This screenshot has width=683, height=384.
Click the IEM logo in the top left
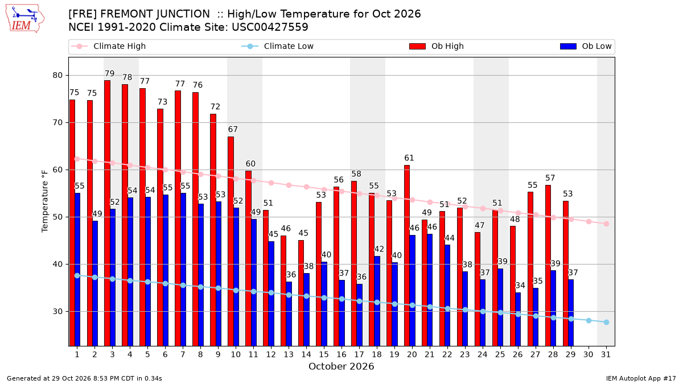click(24, 19)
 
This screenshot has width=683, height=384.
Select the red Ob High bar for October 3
click(107, 213)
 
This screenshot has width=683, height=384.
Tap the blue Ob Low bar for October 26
click(518, 319)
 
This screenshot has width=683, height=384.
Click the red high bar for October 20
click(407, 255)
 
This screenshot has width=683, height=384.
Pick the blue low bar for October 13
click(289, 314)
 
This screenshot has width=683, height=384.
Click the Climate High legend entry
click(109, 46)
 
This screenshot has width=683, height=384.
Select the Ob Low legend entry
click(586, 46)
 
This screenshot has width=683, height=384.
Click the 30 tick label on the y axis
click(57, 312)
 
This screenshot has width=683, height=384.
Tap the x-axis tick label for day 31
click(606, 355)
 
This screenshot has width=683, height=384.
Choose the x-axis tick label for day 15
click(324, 355)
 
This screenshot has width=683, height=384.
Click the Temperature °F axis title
click(45, 201)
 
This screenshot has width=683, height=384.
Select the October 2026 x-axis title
click(341, 366)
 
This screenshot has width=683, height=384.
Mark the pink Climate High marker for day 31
click(607, 224)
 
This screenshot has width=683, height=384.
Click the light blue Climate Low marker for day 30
click(589, 321)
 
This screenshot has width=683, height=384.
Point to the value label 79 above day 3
click(109, 73)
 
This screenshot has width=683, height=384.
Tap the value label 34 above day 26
click(520, 286)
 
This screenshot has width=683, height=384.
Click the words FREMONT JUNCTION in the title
click(155, 14)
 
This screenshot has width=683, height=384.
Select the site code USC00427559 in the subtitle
click(270, 27)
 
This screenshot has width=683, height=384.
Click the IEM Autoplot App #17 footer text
click(641, 378)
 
